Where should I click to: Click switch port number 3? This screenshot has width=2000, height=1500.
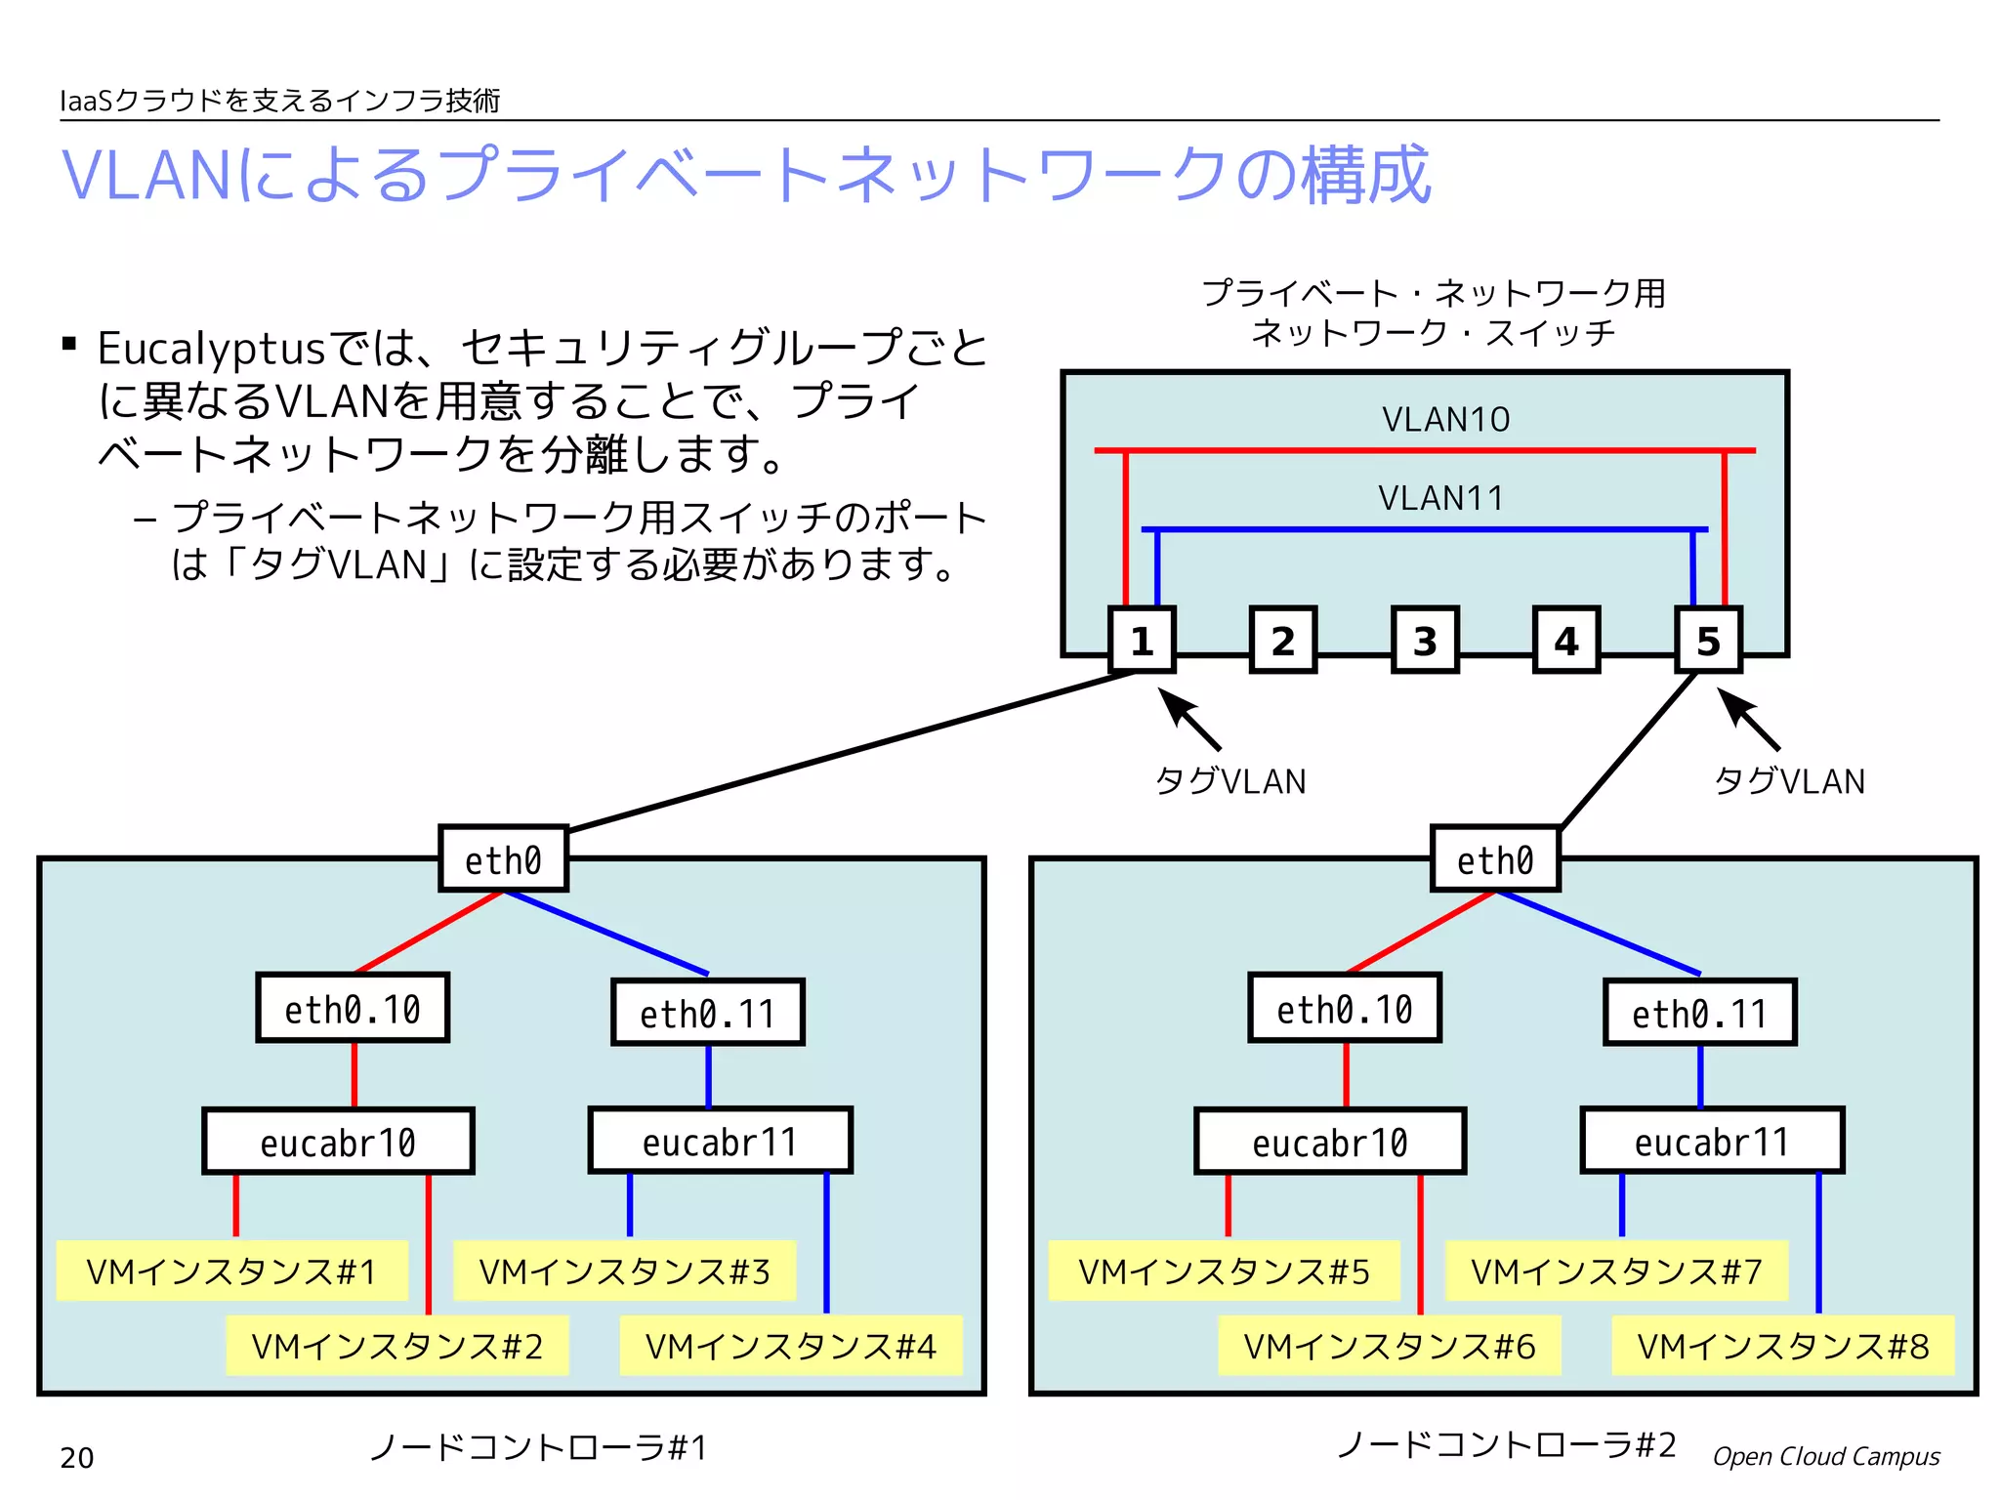1425,640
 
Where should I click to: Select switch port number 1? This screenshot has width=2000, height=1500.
1142,640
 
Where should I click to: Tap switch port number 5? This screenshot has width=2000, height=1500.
1708,640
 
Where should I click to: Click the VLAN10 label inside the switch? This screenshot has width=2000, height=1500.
1445,420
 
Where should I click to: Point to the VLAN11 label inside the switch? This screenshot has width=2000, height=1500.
1441,499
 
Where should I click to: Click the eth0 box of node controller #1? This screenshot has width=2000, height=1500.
503,859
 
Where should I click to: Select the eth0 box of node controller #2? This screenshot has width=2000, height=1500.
1495,859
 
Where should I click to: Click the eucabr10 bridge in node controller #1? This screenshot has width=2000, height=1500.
338,1142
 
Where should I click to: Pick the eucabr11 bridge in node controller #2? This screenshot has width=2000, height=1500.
1712,1141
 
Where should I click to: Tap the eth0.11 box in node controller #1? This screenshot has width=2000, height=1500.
708,1013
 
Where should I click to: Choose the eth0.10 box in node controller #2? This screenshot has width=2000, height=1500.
1345,1008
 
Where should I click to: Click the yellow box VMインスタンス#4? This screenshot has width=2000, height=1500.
791,1346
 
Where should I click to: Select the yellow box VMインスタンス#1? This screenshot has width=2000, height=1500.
231,1271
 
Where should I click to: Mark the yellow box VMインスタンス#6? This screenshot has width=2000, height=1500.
1389,1346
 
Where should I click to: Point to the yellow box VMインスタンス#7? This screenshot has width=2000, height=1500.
1616,1271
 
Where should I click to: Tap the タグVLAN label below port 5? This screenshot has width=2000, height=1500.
1789,781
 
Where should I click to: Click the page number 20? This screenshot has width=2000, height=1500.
77,1458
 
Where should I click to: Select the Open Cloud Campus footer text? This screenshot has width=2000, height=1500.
1825,1456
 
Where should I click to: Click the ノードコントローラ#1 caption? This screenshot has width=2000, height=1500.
538,1446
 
